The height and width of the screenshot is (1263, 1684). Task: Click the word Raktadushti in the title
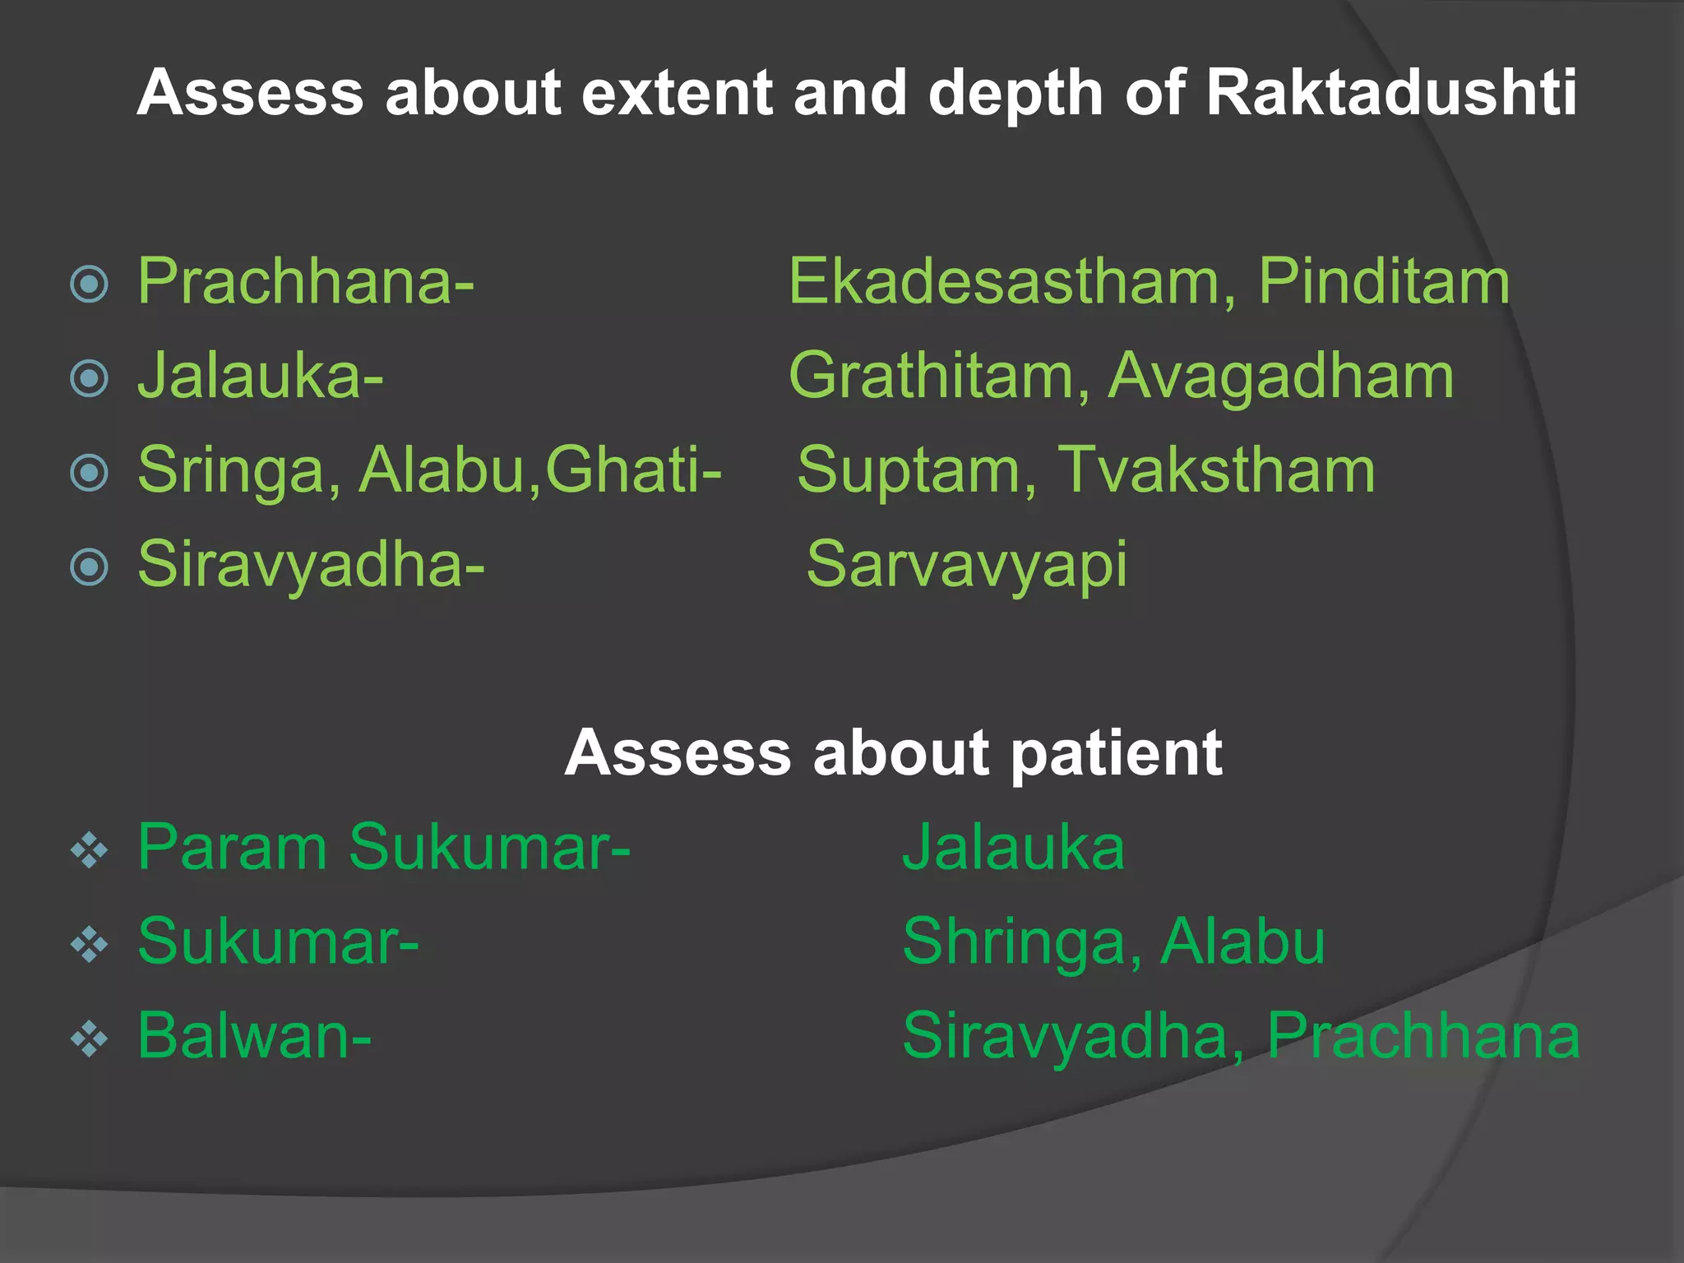pyautogui.click(x=1391, y=92)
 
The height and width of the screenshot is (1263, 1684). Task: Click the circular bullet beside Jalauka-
pyautogui.click(x=90, y=379)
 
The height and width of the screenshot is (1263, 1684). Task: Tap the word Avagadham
pyautogui.click(x=1281, y=376)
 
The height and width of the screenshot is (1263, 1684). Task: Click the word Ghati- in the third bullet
pyautogui.click(x=633, y=470)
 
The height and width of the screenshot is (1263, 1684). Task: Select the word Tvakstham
pyautogui.click(x=1216, y=470)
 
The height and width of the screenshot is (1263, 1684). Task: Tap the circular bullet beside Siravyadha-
pyautogui.click(x=90, y=567)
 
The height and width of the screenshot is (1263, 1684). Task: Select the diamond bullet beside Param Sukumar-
pyautogui.click(x=90, y=851)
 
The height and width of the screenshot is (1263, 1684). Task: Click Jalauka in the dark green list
pyautogui.click(x=1013, y=847)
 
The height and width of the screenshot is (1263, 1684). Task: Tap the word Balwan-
pyautogui.click(x=254, y=1035)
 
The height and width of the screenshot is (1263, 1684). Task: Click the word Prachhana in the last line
pyautogui.click(x=1423, y=1035)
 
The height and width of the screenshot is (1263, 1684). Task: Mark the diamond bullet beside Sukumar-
pyautogui.click(x=90, y=945)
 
